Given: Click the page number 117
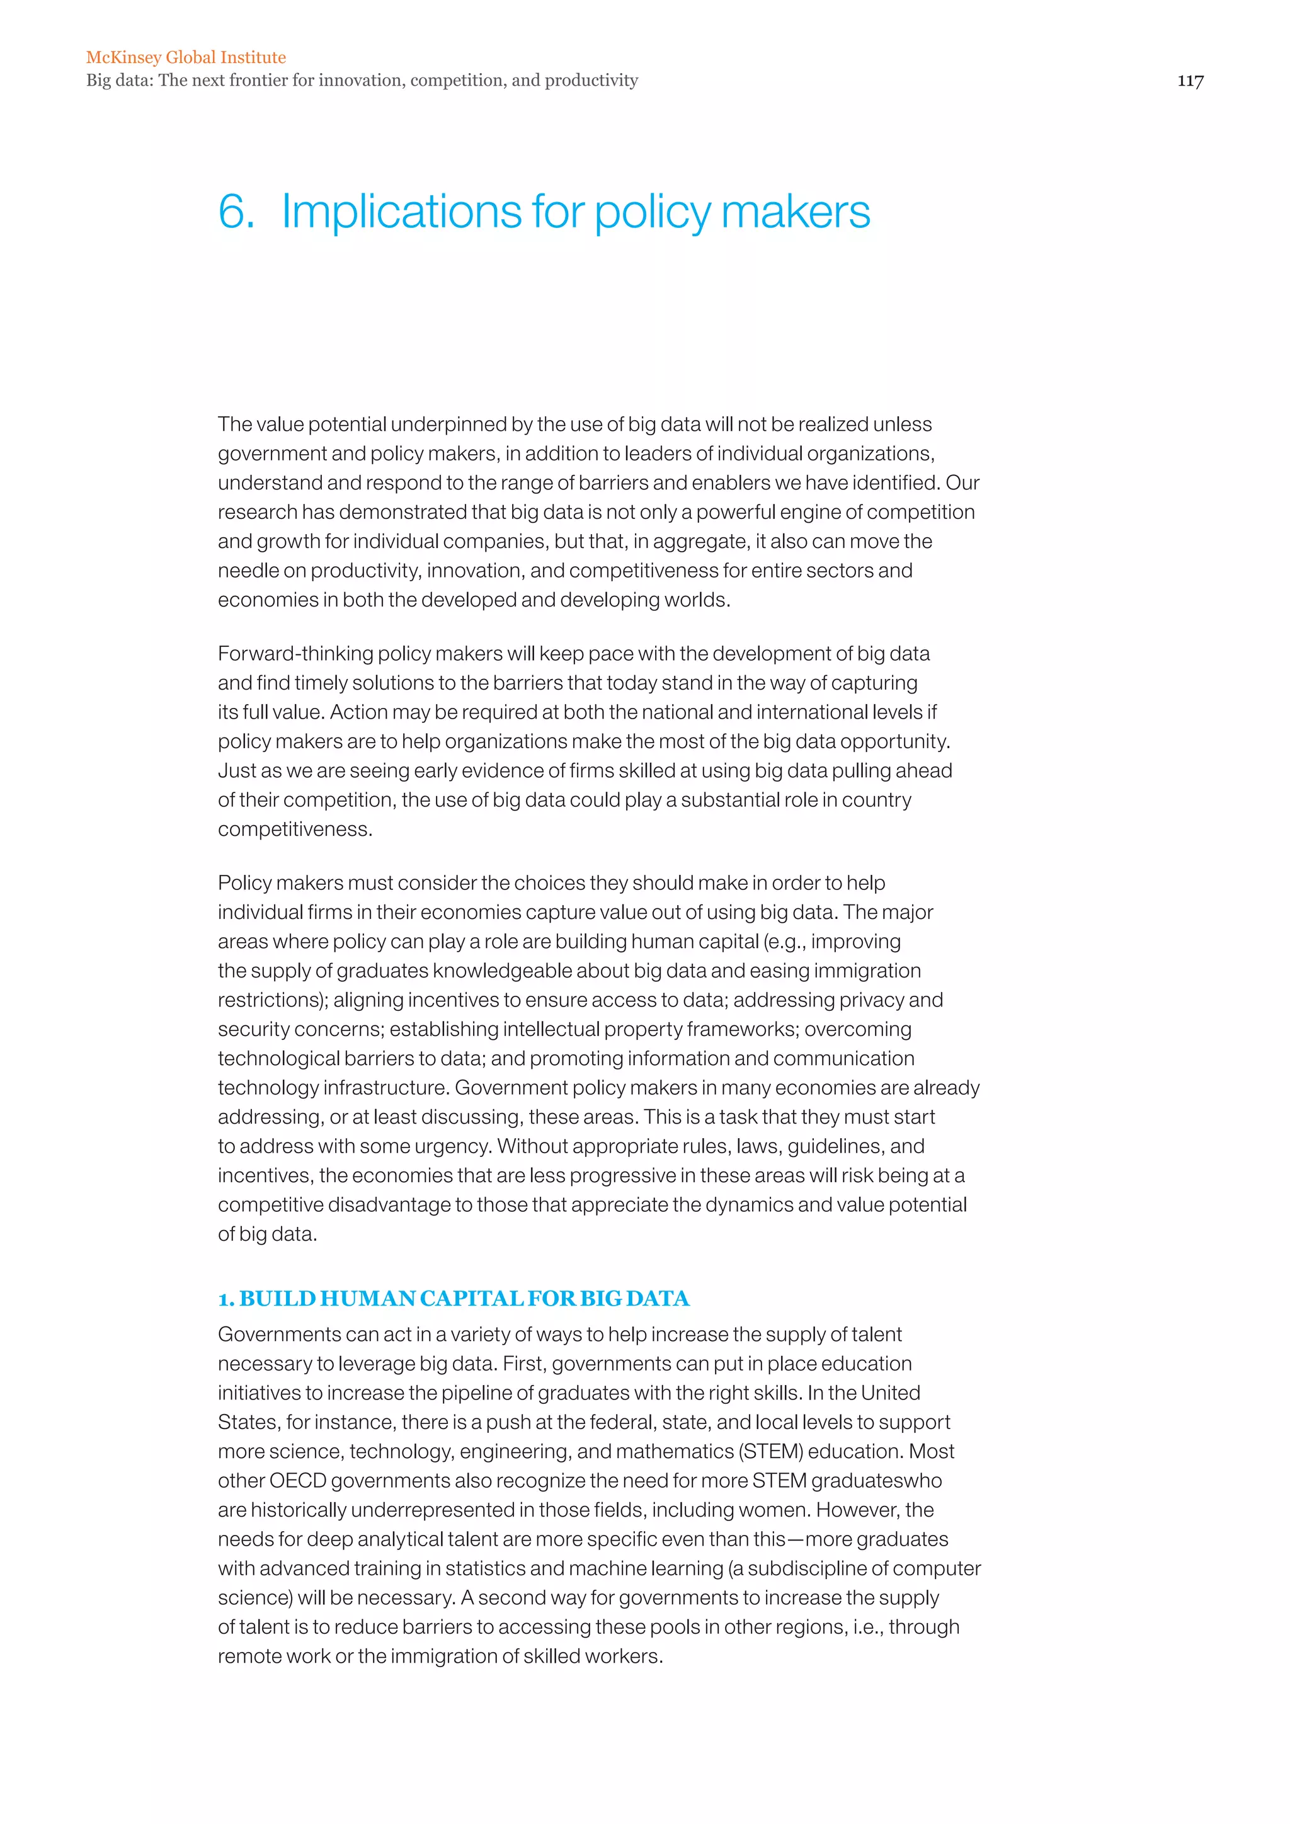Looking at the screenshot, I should [1190, 80].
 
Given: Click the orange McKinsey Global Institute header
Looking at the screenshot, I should [186, 57].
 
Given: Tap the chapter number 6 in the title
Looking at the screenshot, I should [234, 212].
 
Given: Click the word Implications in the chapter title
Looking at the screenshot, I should [401, 212].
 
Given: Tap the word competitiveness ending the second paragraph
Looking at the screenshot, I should [295, 829].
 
